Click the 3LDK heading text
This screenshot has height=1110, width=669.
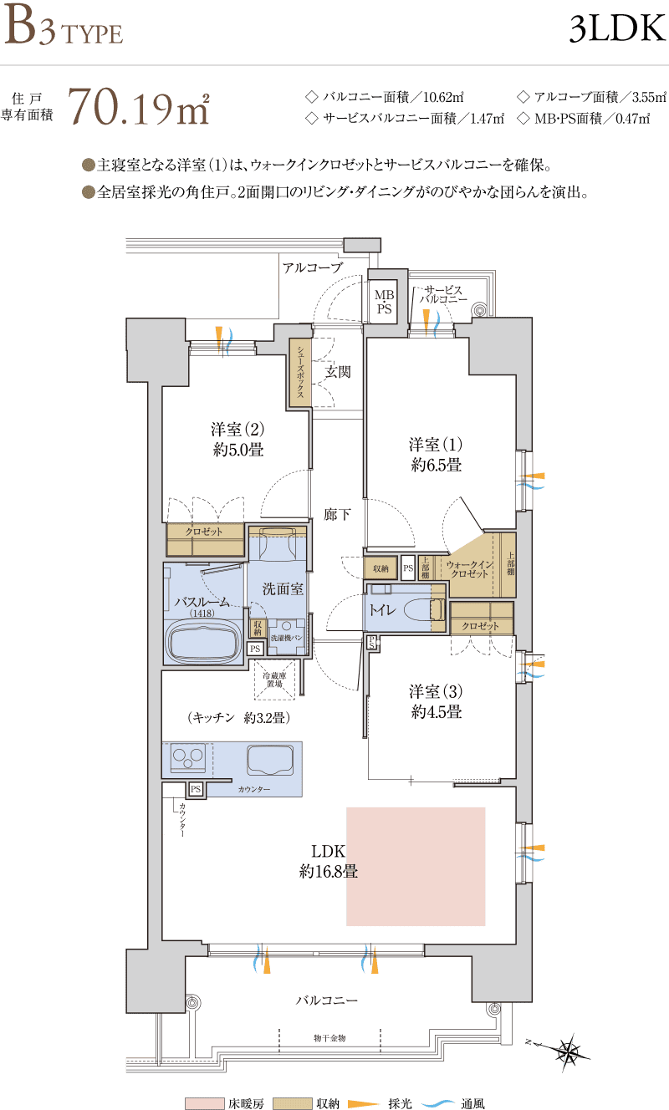pos(616,28)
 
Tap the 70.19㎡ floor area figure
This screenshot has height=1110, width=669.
pos(138,106)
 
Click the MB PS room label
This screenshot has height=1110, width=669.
pos(384,302)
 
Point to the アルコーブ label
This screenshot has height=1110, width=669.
pos(313,267)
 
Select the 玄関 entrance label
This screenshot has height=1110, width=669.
pos(338,372)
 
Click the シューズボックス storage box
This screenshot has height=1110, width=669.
pos(300,373)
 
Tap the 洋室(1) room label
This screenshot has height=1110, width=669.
pos(436,455)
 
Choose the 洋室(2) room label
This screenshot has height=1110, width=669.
pos(237,439)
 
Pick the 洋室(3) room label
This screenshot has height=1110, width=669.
pos(436,701)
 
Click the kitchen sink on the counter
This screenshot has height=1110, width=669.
pos(270,760)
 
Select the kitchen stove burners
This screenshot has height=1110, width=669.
pos(187,758)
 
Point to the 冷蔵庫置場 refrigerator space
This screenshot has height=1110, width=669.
pos(275,680)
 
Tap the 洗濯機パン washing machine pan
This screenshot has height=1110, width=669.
pos(287,637)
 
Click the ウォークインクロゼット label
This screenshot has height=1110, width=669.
pos(469,569)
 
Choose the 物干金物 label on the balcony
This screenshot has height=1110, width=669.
pos(329,1038)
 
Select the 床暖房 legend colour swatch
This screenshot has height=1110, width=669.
pos(204,1103)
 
